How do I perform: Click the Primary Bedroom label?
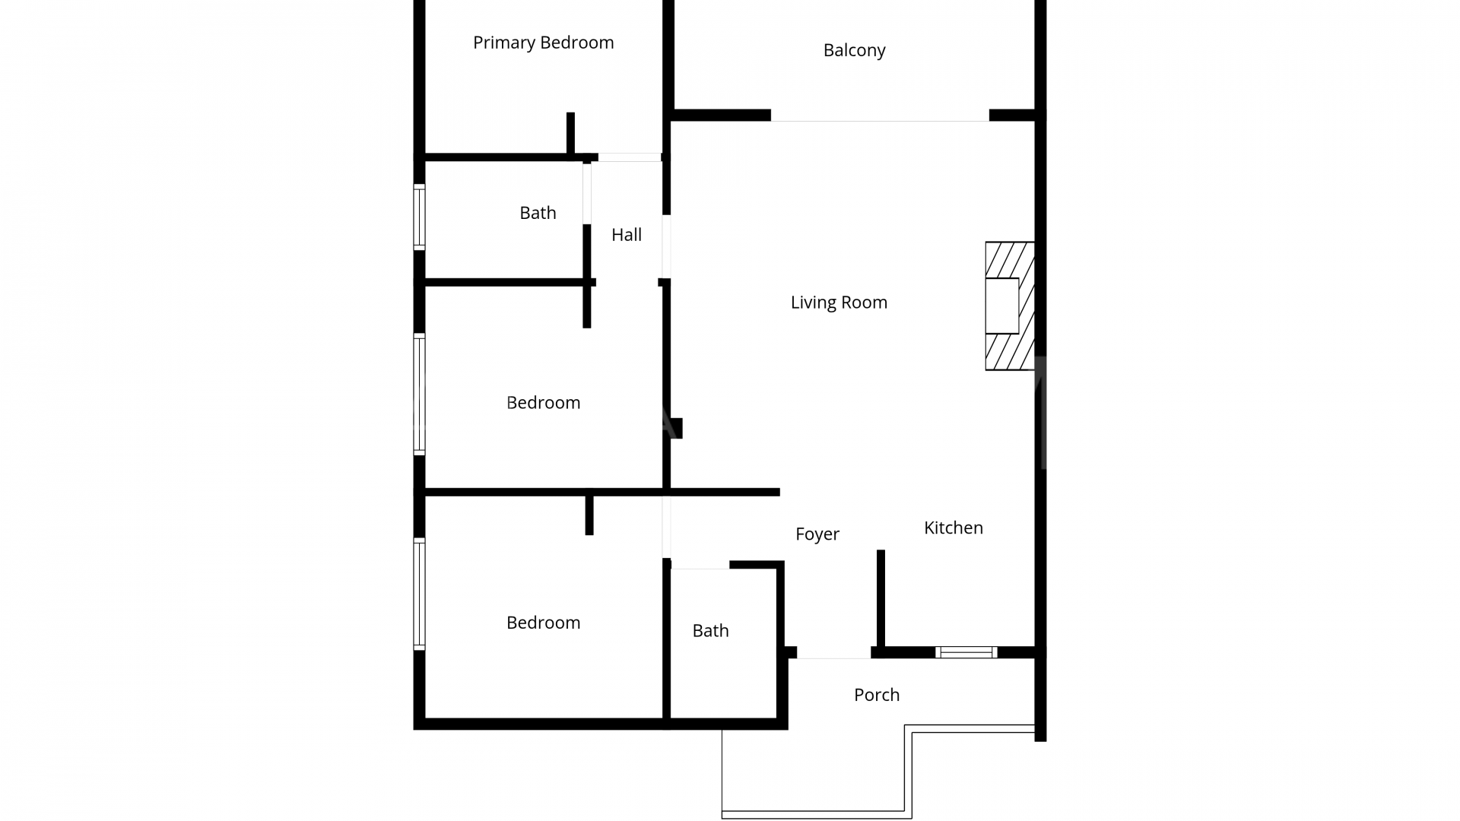[543, 43]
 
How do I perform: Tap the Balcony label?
[854, 50]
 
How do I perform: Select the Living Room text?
[839, 303]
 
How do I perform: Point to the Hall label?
[627, 235]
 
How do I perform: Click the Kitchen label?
[953, 528]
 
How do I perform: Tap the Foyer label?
[817, 534]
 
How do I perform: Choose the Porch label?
[876, 695]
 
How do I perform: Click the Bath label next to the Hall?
[538, 213]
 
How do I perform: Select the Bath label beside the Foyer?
[710, 631]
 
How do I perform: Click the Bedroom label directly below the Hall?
[543, 403]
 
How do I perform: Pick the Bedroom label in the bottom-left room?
[543, 623]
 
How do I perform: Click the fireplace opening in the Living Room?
[1001, 306]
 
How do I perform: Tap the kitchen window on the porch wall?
[966, 652]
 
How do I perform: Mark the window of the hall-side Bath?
[419, 217]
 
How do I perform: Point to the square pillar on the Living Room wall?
[676, 428]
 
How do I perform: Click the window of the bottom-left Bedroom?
[419, 594]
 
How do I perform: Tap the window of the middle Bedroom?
[419, 394]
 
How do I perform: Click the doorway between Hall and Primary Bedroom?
[629, 157]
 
